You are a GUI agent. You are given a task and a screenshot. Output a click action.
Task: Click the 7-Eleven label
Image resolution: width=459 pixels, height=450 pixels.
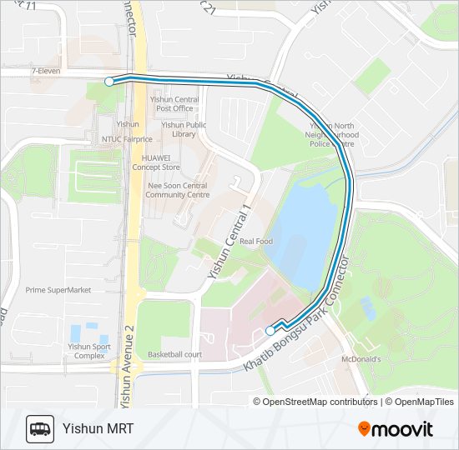46,72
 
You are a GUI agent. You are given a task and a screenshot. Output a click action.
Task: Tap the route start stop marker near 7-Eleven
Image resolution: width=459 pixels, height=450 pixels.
109,81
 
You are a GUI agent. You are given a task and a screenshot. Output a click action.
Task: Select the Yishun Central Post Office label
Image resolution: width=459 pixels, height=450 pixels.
174,103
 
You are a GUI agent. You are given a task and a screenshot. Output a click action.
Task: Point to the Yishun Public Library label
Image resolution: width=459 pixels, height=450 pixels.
178,128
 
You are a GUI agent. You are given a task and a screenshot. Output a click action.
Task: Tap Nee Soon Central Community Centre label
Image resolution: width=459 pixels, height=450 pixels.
177,190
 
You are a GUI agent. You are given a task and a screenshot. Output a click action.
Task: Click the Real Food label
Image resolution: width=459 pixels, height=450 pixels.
256,242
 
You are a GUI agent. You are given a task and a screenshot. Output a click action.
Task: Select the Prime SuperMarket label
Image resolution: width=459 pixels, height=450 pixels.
58,290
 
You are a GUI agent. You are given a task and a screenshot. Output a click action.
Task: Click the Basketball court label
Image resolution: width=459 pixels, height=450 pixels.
174,354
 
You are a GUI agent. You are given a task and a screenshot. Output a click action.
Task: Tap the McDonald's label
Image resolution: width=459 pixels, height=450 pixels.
361,359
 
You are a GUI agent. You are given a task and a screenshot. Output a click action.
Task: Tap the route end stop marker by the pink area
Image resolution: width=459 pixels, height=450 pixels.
270,331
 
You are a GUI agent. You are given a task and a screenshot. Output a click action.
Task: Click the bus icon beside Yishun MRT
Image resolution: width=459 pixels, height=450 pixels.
40,429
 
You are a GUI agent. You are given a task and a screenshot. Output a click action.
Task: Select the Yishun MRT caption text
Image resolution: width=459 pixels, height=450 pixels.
98,429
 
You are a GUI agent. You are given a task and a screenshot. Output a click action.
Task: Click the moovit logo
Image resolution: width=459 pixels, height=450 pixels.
396,429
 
